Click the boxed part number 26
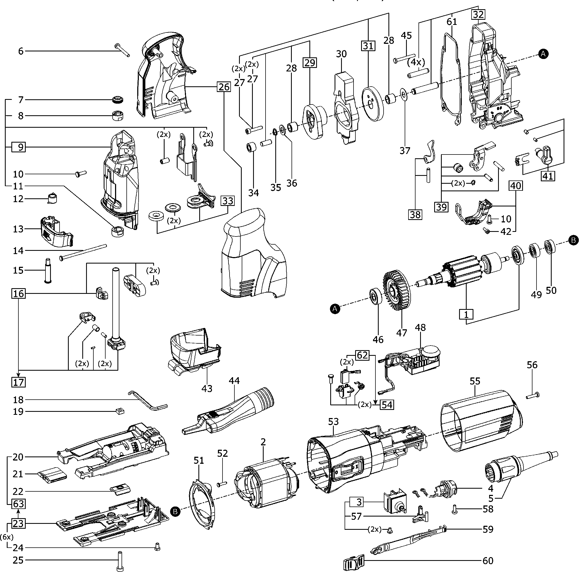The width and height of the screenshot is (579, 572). click(224, 87)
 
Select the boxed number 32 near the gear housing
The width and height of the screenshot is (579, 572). click(478, 14)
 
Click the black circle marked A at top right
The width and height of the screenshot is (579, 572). click(543, 54)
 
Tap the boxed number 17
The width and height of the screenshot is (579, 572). click(19, 382)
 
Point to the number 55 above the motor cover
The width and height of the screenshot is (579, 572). click(475, 381)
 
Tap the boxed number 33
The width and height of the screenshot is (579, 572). click(228, 201)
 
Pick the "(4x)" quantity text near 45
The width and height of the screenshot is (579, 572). click(416, 62)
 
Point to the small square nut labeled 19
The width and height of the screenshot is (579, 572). click(119, 411)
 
